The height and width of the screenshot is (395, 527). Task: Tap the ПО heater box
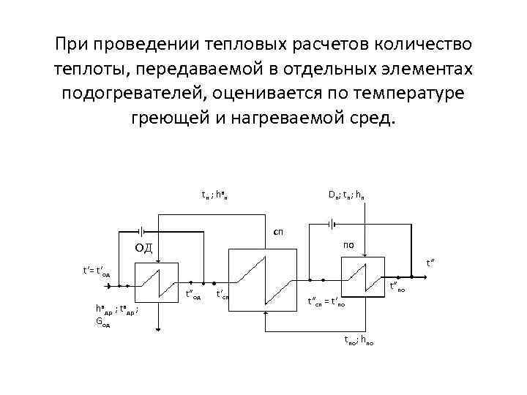click(x=360, y=279)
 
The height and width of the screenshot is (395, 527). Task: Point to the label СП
click(x=278, y=231)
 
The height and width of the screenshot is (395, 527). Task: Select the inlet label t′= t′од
click(x=96, y=271)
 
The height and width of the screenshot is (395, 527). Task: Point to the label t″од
click(x=193, y=296)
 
